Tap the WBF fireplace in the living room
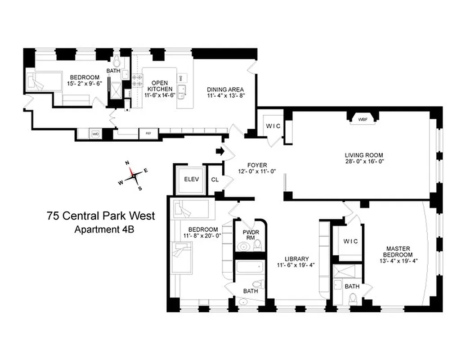pos(363,120)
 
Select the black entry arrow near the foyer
pos(220,151)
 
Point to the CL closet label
pos(215,180)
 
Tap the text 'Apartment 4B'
pos(104,229)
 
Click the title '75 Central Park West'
pos(101,216)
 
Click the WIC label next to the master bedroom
pos(350,242)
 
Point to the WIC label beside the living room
pos(273,126)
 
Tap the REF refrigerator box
pos(148,134)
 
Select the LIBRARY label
pos(296,259)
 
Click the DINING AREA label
pos(225,89)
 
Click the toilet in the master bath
pos(353,299)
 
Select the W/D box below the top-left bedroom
pos(95,134)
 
